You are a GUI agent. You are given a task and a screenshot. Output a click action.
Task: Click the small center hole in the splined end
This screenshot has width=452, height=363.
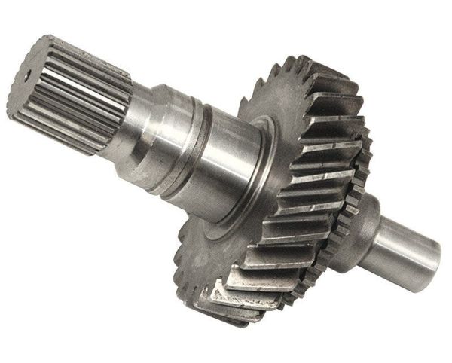coord(29,75)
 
